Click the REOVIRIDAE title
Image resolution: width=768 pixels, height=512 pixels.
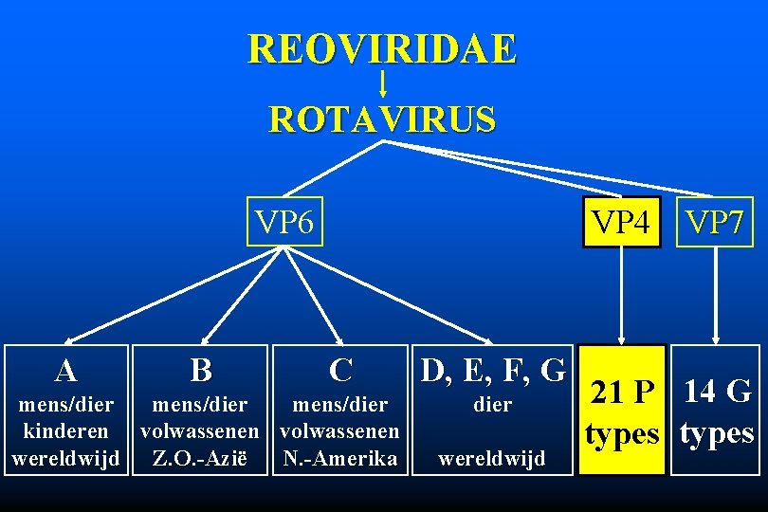[x=382, y=49]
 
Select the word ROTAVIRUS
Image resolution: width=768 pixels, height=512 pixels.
[x=382, y=120]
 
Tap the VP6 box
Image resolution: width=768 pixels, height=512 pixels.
[x=283, y=221]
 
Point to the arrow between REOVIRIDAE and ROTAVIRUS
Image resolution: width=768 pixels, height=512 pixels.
[x=382, y=84]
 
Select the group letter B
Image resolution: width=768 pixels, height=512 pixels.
[x=201, y=369]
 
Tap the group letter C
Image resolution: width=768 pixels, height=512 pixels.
[x=341, y=369]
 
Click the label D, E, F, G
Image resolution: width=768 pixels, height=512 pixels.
[x=492, y=369]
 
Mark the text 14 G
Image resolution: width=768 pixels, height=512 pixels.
[x=717, y=390]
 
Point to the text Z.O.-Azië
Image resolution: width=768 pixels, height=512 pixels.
[x=201, y=459]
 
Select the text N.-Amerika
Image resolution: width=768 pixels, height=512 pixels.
[x=341, y=459]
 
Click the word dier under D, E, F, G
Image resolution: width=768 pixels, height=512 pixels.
[x=492, y=405]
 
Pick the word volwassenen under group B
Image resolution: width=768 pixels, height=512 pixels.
[x=201, y=431]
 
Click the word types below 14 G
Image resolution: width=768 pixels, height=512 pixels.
[x=717, y=433]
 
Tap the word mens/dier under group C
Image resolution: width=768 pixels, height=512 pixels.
[x=341, y=405]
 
